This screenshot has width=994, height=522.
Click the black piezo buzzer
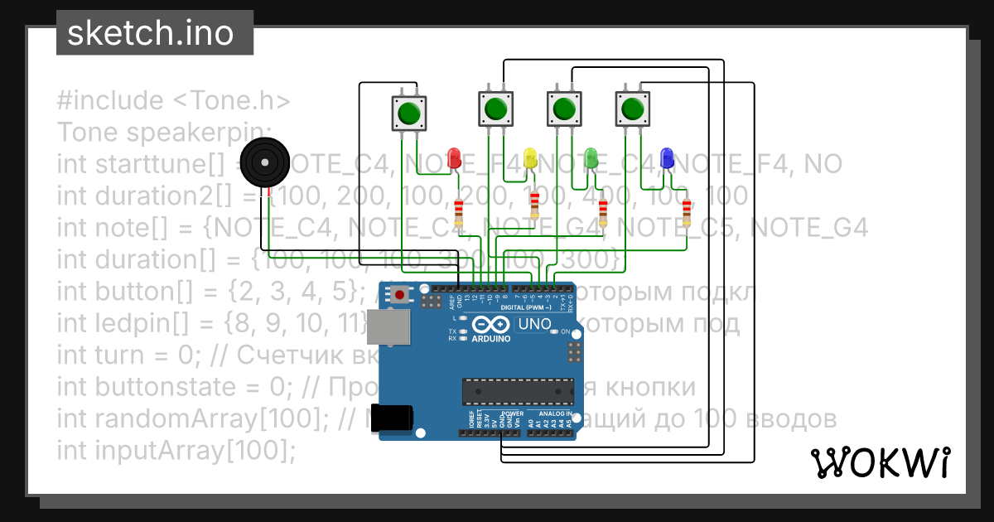coord(264,163)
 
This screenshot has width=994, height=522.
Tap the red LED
coord(454,157)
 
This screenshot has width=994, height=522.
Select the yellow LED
coord(531,157)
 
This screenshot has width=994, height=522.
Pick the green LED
coord(591,157)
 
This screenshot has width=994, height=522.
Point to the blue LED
coord(667,157)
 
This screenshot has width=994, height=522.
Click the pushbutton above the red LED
coord(408,112)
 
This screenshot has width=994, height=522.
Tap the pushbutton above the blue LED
coord(633,109)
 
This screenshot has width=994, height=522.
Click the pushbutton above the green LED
coord(564,109)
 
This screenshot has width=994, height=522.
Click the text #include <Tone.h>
coord(174,101)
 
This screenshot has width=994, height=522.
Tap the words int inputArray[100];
coord(176,451)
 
